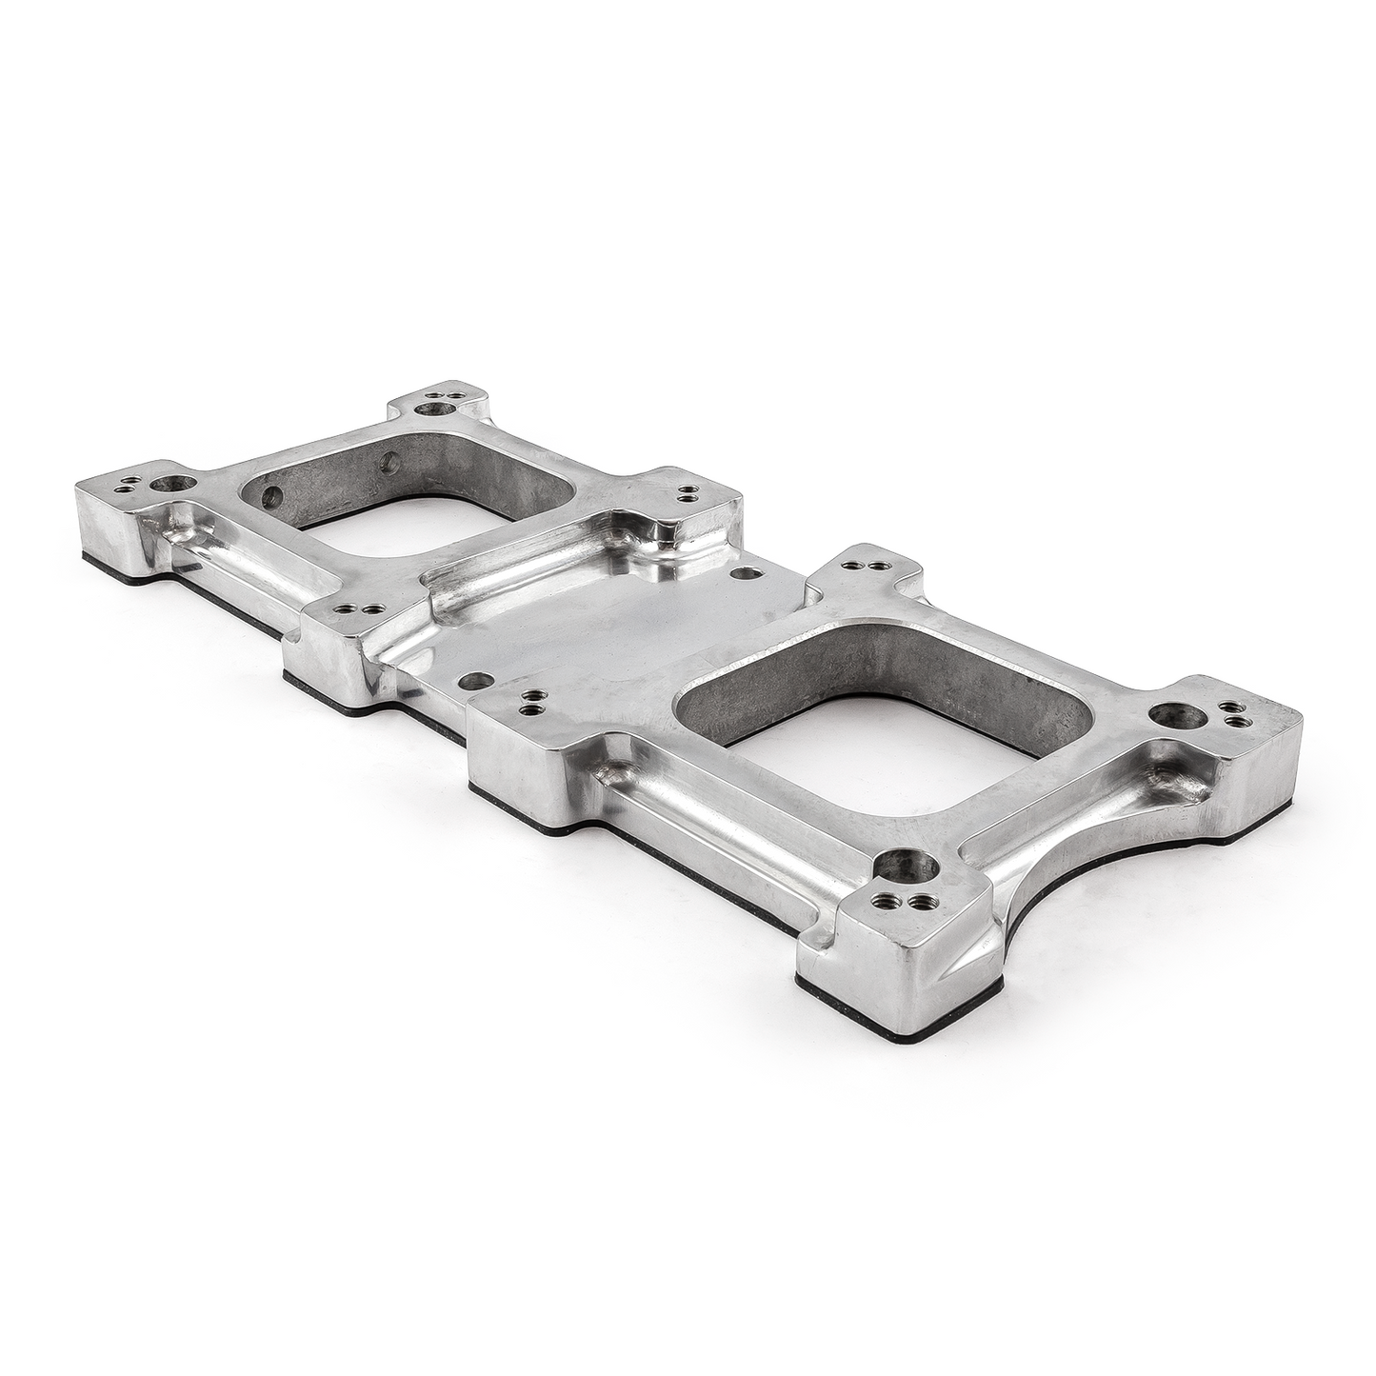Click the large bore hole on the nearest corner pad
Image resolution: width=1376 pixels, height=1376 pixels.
pyautogui.click(x=900, y=867)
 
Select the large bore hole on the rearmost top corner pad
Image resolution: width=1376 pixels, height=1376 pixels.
pyautogui.click(x=441, y=408)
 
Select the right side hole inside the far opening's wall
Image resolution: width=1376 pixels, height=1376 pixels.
pyautogui.click(x=388, y=462)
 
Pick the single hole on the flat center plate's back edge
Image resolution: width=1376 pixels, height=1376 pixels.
pyautogui.click(x=741, y=574)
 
